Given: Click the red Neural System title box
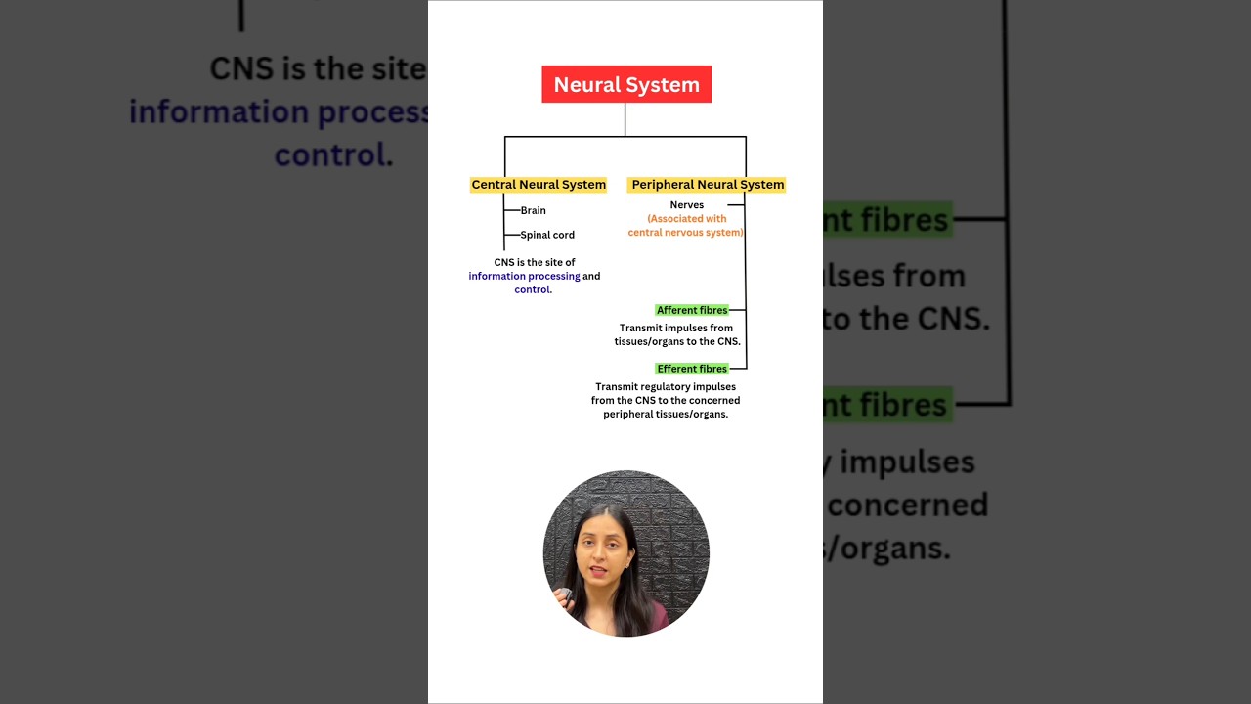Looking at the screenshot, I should coord(626,84).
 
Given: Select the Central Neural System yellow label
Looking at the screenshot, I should coord(539,184).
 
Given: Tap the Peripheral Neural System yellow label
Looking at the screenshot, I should coord(708,184).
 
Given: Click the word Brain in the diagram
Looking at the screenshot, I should coord(534,210).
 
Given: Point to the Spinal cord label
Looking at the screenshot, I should coord(547,235).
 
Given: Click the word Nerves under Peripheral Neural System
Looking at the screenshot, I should coord(686,205).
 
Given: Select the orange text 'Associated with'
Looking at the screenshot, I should coord(687,219).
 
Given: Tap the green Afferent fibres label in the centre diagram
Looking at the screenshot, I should coord(692,310).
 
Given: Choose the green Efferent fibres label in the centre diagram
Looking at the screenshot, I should coord(692,369).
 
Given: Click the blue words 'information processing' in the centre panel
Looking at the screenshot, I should coord(524,276).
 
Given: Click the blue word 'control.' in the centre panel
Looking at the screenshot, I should coord(534,289).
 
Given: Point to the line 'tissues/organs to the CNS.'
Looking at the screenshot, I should coord(676,342).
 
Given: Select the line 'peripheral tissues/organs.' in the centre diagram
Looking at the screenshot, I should coord(666,414).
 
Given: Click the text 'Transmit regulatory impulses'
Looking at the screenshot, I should coord(666,386).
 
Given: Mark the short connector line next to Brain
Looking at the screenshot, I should coord(512,210).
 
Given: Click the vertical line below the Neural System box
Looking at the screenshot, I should coord(625,119).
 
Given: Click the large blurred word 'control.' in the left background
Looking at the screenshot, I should coord(333,154).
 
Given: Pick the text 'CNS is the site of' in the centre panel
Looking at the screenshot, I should coord(535,262).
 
